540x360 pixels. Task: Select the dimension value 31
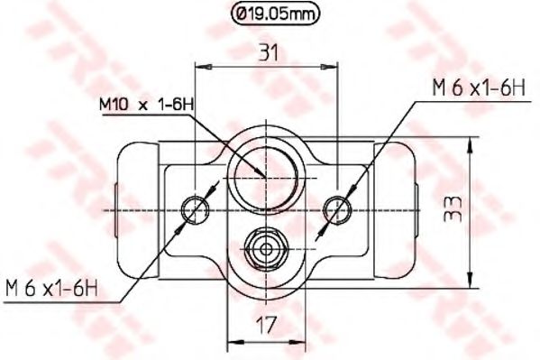pos(268,53)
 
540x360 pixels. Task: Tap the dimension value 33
pos(452,211)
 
